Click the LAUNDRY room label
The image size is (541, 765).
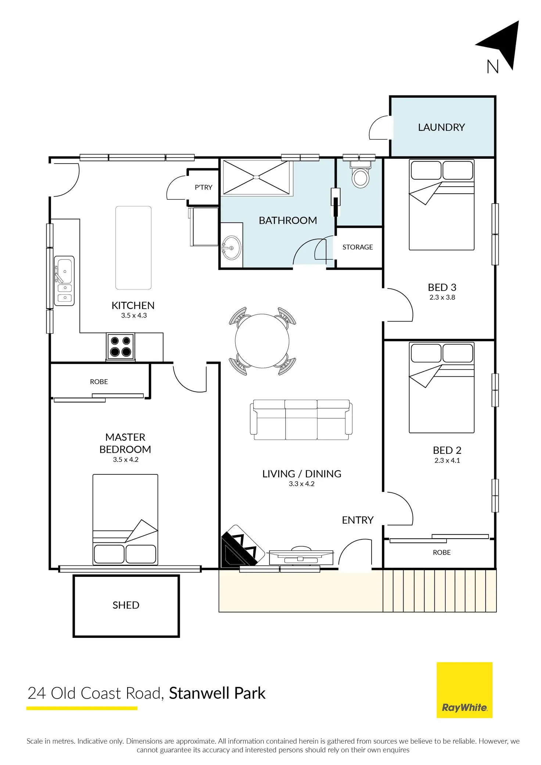[x=441, y=127]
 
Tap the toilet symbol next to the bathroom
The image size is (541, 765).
[x=360, y=176]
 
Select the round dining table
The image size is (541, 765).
[x=262, y=341]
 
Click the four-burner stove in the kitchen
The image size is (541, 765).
[x=121, y=346]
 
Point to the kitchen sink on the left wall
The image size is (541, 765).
[x=64, y=281]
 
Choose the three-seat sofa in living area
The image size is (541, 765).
[x=301, y=420]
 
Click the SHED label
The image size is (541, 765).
[x=126, y=605]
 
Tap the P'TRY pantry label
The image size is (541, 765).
[x=203, y=187]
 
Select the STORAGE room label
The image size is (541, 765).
[x=358, y=247]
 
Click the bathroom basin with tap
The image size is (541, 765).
[x=232, y=248]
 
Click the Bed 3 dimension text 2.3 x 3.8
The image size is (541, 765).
[x=442, y=298]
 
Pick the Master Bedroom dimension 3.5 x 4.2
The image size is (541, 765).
[x=126, y=460]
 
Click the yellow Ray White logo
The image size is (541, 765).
[x=464, y=690]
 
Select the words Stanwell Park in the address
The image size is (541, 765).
[x=217, y=693]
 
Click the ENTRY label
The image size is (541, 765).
[x=358, y=520]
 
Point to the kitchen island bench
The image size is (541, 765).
[x=133, y=248]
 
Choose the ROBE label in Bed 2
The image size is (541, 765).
[x=441, y=553]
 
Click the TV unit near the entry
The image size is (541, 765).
[x=301, y=557]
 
